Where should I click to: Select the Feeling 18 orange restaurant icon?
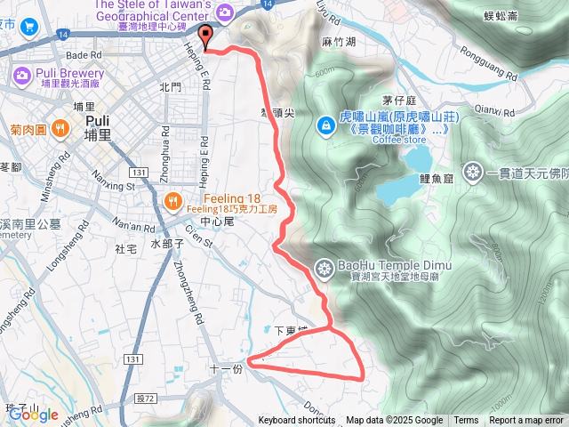tap(174, 200)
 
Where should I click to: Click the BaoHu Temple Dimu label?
tap(394, 266)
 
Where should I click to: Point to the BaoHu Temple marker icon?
tap(325, 266)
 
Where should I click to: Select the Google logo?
tap(34, 414)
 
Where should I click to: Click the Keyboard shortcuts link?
tap(296, 421)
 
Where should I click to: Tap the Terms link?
tap(466, 421)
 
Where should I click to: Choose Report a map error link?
tap(526, 421)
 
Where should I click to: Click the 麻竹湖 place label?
tap(340, 42)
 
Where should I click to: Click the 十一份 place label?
tap(225, 368)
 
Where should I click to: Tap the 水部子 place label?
tap(166, 243)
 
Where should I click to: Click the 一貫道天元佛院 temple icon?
tap(472, 171)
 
